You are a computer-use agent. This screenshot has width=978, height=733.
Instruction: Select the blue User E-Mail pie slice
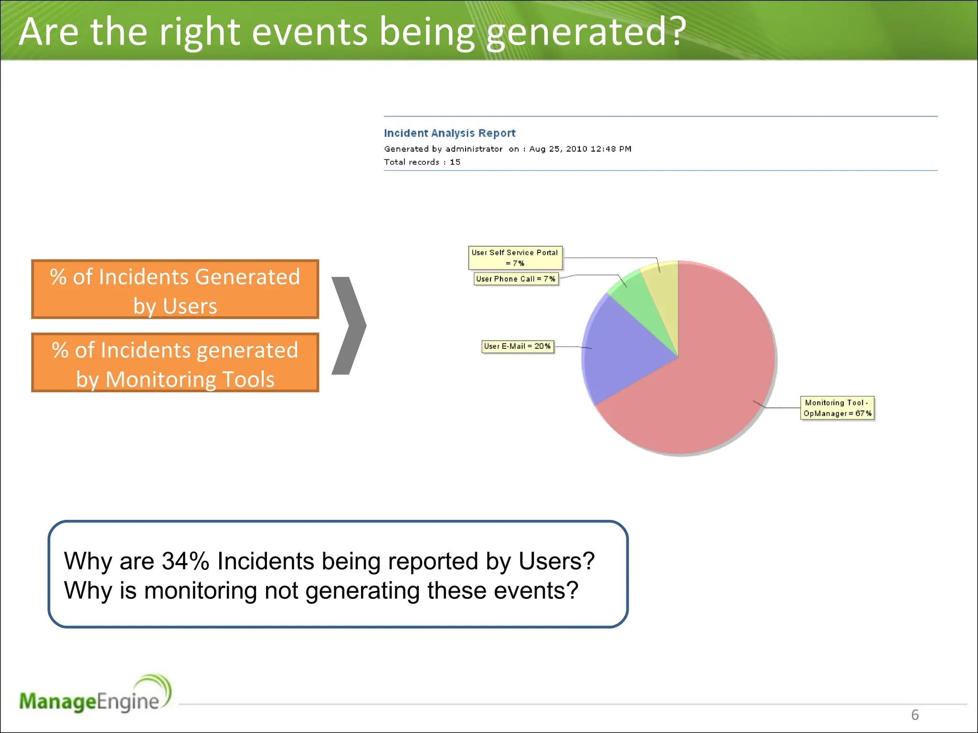click(x=626, y=348)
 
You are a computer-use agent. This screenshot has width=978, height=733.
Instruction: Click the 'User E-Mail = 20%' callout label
click(x=518, y=346)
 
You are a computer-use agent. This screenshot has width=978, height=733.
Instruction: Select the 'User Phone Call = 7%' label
click(x=516, y=279)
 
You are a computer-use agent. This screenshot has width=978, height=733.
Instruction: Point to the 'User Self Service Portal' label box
click(x=515, y=258)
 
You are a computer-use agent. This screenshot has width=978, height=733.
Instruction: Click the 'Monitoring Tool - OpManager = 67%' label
click(x=837, y=408)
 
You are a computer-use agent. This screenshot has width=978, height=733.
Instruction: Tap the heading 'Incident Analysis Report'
click(x=449, y=133)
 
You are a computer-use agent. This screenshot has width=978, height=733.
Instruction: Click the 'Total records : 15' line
click(x=422, y=162)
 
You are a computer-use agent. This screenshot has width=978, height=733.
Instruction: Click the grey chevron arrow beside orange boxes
click(x=349, y=325)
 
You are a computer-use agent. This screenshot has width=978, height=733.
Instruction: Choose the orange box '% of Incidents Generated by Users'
click(x=175, y=290)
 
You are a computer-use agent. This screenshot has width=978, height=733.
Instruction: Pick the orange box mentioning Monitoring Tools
click(x=175, y=363)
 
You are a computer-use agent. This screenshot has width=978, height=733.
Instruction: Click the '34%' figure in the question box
click(x=185, y=561)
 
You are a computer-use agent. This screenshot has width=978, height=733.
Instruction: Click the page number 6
click(x=915, y=715)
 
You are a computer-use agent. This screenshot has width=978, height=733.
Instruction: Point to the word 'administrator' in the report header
click(x=474, y=149)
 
